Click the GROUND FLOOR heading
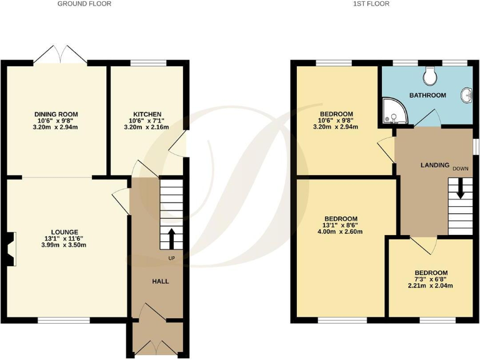click(84, 4)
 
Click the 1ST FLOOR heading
click(371, 4)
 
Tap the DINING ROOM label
click(56, 114)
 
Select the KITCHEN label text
click(147, 114)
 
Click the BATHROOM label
click(427, 95)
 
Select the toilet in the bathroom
click(430, 76)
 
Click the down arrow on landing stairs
click(461, 187)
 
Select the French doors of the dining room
click(60, 55)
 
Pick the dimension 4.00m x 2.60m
click(340, 232)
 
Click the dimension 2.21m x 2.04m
click(431, 286)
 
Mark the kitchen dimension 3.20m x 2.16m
click(147, 127)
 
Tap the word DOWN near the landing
click(461, 169)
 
